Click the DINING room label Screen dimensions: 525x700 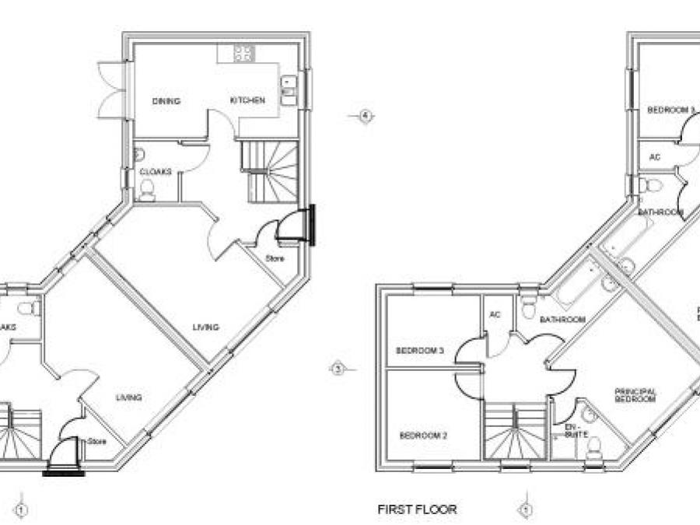click(166, 101)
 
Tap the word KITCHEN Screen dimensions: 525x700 click(247, 100)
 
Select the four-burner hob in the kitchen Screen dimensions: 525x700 click(243, 53)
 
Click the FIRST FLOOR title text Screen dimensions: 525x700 click(417, 509)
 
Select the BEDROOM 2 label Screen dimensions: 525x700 click(423, 436)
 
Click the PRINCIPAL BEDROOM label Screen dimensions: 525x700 click(636, 395)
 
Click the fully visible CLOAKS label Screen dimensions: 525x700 click(156, 172)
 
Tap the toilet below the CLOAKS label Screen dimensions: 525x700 click(146, 190)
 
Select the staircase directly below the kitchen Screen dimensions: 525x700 click(268, 171)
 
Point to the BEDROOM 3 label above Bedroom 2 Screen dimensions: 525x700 click(419, 351)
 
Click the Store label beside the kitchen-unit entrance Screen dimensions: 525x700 click(275, 257)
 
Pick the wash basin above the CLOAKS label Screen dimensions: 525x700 click(139, 153)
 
